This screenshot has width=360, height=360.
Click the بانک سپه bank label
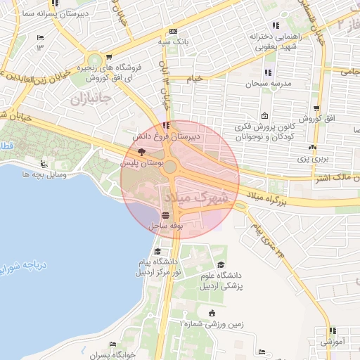coord(173,42)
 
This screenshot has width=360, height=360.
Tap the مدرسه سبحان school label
coord(262,83)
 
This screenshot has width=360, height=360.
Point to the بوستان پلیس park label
coord(141,162)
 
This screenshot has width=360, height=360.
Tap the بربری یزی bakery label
coord(311,159)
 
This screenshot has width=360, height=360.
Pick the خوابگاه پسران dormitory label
coord(112,355)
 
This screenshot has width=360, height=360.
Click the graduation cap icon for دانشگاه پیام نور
coord(158,252)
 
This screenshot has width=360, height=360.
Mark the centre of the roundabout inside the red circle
coord(170,167)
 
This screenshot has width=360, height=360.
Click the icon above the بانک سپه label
coord(173,31)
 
